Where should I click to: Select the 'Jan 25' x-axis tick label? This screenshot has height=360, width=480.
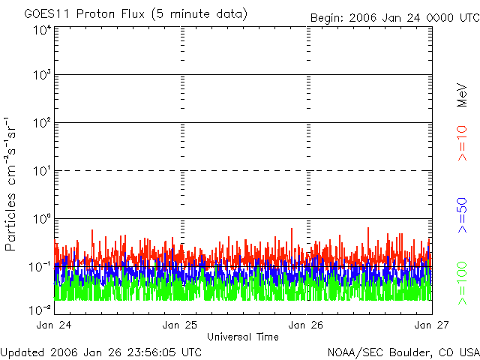pyautogui.click(x=181, y=325)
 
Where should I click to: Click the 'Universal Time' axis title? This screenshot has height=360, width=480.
pyautogui.click(x=242, y=337)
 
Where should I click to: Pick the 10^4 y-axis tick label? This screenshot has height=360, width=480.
pyautogui.click(x=41, y=30)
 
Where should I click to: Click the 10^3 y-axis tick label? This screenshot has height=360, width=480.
pyautogui.click(x=41, y=76)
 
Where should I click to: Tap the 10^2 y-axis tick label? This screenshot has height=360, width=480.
pyautogui.click(x=41, y=124)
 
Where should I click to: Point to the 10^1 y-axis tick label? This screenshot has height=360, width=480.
pyautogui.click(x=41, y=172)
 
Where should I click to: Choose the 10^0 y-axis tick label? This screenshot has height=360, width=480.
pyautogui.click(x=41, y=220)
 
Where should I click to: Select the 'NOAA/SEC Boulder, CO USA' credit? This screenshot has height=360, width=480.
pyautogui.click(x=403, y=352)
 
